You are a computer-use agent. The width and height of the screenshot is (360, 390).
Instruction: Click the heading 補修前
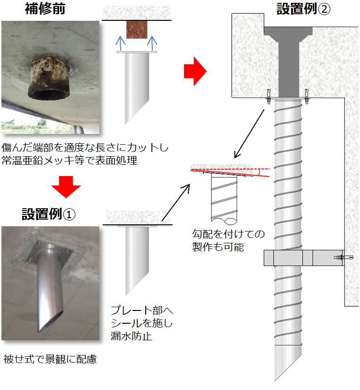[45, 9]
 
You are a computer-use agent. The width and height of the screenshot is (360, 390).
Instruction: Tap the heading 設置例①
[48, 213]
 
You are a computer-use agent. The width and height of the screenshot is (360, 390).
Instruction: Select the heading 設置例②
[304, 9]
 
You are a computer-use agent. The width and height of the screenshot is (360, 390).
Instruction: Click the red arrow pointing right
[195, 71]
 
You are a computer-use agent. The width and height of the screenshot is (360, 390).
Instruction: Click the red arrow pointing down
[66, 187]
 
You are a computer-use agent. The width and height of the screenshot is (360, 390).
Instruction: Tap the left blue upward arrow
[121, 44]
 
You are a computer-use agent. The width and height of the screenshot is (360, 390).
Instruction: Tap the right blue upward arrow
[152, 44]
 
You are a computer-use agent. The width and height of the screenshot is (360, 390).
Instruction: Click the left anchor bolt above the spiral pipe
[269, 96]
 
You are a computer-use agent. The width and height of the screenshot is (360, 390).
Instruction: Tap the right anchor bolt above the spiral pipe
[307, 96]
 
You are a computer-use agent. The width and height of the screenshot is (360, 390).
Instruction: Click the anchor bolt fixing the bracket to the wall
[344, 257]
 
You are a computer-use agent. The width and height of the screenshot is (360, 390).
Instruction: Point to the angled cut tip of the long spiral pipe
[276, 380]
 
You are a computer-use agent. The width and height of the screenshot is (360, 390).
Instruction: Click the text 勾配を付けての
[228, 234]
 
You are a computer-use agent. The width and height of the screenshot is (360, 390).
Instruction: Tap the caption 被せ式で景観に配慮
[50, 359]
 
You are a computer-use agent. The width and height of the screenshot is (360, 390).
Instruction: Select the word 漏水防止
[131, 336]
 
